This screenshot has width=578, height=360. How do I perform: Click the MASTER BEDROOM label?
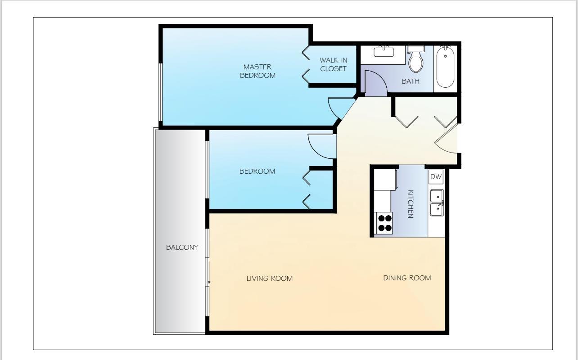coord(257,71)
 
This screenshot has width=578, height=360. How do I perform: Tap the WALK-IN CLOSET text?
coord(333,64)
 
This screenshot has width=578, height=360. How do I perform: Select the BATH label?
coord(410,81)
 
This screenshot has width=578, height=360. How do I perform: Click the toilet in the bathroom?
coord(416,60)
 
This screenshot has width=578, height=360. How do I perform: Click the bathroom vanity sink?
coord(384,51)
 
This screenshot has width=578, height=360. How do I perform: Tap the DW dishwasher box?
coord(436,177)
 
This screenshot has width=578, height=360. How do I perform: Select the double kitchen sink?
coord(436,203)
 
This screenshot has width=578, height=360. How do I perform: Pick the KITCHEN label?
coord(410,204)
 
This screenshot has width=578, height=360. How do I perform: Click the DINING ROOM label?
coord(407,278)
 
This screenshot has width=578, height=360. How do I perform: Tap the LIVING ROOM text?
coord(269,279)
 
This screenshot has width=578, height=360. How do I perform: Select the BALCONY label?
coord(182,247)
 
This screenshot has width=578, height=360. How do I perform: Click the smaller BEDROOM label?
coord(257,171)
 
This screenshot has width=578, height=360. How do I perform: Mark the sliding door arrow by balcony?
coord(209,282)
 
